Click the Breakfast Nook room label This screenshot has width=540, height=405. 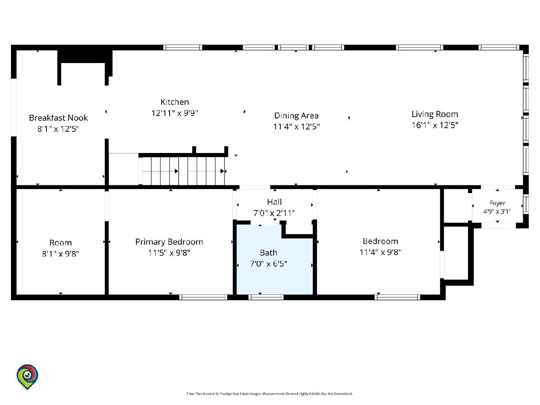(x=58, y=118)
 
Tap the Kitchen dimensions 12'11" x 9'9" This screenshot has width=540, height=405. (x=175, y=113)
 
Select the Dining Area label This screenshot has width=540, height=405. (x=296, y=116)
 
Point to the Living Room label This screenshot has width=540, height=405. (x=435, y=114)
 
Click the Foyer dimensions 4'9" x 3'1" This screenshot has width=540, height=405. (x=497, y=211)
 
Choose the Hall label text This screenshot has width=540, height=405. (x=274, y=202)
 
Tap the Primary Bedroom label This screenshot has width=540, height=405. (x=169, y=242)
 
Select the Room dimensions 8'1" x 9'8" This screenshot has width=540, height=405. (x=60, y=253)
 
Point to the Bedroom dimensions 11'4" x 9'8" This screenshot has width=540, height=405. (x=380, y=252)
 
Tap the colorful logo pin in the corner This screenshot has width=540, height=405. (x=27, y=377)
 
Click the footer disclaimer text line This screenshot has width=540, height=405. (x=270, y=394)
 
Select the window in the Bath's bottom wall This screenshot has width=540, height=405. (x=266, y=297)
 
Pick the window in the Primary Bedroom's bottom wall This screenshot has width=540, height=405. (x=203, y=297)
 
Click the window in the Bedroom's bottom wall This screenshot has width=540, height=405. (x=397, y=297)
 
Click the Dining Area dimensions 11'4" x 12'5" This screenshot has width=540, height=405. (x=297, y=126)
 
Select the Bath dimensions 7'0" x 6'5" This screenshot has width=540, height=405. (x=268, y=264)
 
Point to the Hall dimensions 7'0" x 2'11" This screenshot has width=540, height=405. (x=274, y=213)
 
